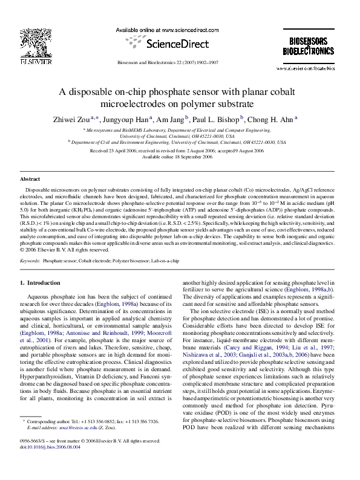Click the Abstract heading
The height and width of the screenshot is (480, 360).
(30, 180)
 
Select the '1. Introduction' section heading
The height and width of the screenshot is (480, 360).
(40, 283)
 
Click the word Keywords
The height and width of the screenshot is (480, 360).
(30, 261)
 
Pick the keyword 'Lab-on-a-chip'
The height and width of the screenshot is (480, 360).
(165, 261)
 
